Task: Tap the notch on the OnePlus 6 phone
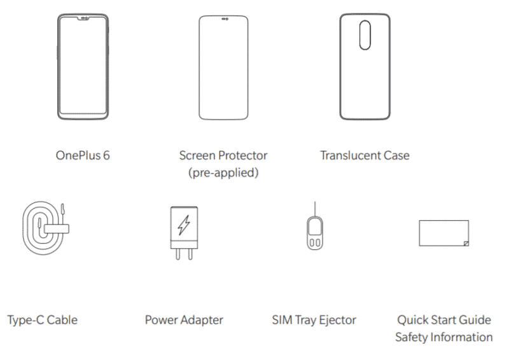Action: click(x=83, y=19)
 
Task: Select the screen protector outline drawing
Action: click(x=199, y=67)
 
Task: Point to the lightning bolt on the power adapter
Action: click(x=184, y=225)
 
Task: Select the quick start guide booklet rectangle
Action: click(x=419, y=233)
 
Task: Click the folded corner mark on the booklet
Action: click(x=466, y=244)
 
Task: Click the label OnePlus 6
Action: click(x=83, y=155)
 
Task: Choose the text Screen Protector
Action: click(x=223, y=155)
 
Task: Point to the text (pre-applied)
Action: click(x=223, y=173)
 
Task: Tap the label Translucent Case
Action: click(x=365, y=155)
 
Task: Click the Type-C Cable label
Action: click(x=43, y=320)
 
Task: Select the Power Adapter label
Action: click(x=184, y=320)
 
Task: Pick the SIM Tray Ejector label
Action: click(x=314, y=320)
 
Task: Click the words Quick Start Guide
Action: click(x=444, y=320)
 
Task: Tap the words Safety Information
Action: click(x=444, y=337)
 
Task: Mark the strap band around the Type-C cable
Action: click(x=57, y=229)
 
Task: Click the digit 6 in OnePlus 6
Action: click(x=106, y=155)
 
